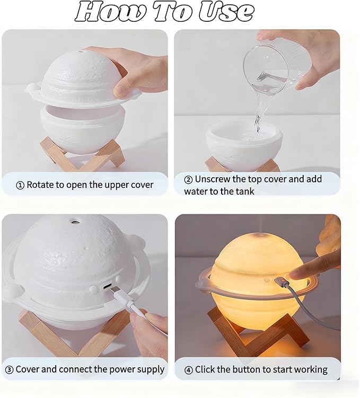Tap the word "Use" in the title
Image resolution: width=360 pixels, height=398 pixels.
226,12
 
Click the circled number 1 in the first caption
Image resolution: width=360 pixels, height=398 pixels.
20,186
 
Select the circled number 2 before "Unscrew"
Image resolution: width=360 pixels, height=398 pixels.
188,180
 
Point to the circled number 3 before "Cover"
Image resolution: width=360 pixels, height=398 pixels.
10,370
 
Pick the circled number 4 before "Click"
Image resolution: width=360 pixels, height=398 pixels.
188,370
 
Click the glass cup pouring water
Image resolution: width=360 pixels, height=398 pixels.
274,69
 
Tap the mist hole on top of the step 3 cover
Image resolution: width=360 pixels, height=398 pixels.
75,222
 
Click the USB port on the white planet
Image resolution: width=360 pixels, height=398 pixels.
107,286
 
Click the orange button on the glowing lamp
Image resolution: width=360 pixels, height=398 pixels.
280,281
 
